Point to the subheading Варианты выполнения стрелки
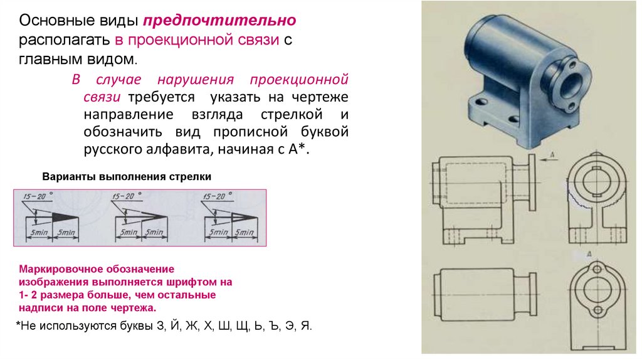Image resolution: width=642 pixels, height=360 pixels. coord(127,177)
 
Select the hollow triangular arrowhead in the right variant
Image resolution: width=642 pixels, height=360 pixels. coord(243,216)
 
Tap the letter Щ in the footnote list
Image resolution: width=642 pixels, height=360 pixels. coord(242,327)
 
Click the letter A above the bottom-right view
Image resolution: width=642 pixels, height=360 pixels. coord(589,253)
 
